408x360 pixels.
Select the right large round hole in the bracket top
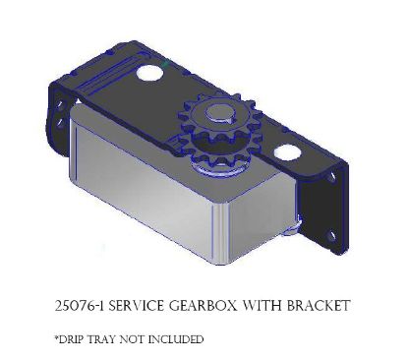[x=288, y=152]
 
